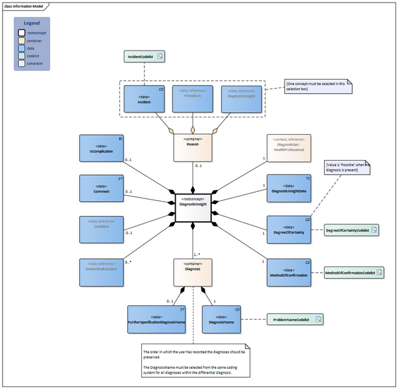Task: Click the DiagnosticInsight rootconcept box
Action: (x=193, y=203)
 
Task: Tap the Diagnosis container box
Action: (x=193, y=272)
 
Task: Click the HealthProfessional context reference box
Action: (x=288, y=150)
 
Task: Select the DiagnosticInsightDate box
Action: (x=290, y=189)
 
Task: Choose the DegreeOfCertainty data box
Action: (x=290, y=230)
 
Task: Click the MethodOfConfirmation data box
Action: (x=290, y=273)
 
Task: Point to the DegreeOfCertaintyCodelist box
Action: (x=351, y=230)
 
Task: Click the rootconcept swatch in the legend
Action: (x=22, y=32)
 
